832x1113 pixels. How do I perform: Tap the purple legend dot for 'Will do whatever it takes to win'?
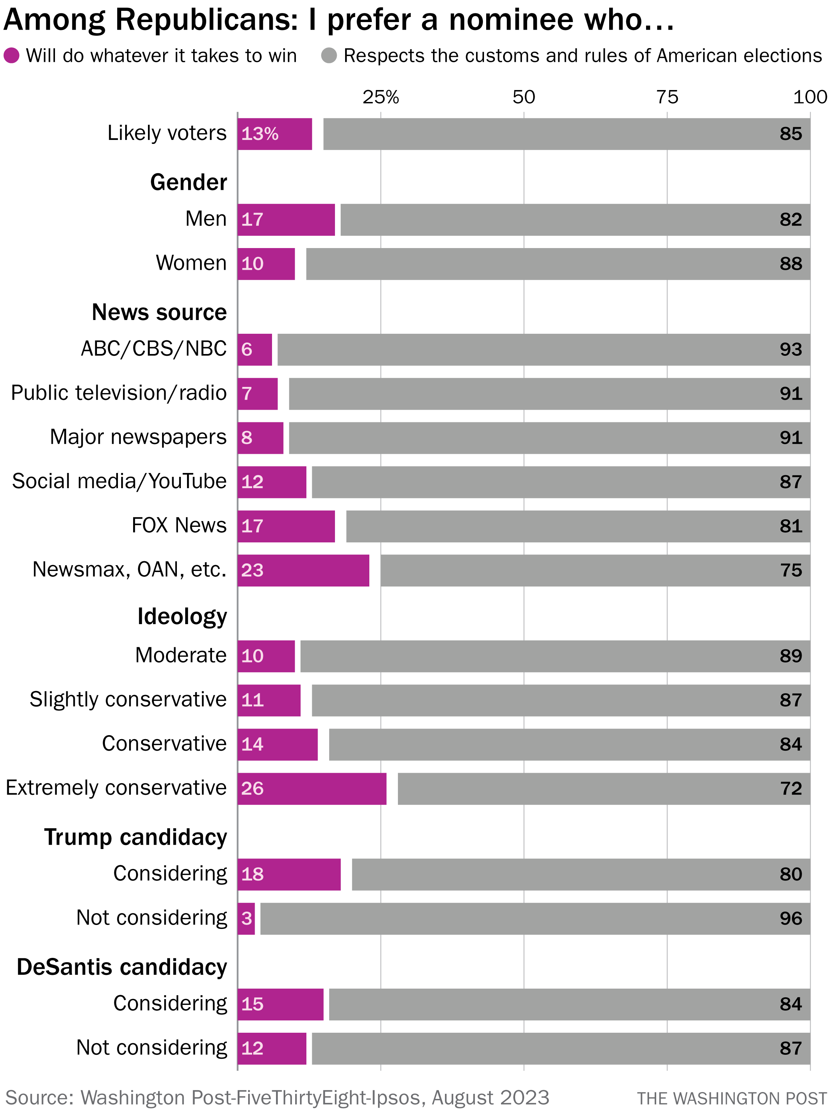(12, 55)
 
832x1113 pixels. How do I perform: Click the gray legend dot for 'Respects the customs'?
(329, 55)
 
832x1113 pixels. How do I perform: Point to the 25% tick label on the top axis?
(381, 97)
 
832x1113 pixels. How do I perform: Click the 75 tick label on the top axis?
(667, 97)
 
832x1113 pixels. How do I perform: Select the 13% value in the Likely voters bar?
(260, 134)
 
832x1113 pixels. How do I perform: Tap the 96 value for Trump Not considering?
(790, 918)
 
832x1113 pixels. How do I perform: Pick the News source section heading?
(159, 312)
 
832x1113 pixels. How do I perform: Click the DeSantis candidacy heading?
(122, 967)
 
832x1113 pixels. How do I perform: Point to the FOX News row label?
(179, 525)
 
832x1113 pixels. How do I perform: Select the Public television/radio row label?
(119, 393)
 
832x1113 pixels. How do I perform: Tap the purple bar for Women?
(266, 264)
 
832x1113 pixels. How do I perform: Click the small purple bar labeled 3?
(246, 918)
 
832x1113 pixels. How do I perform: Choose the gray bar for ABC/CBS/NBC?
(544, 349)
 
